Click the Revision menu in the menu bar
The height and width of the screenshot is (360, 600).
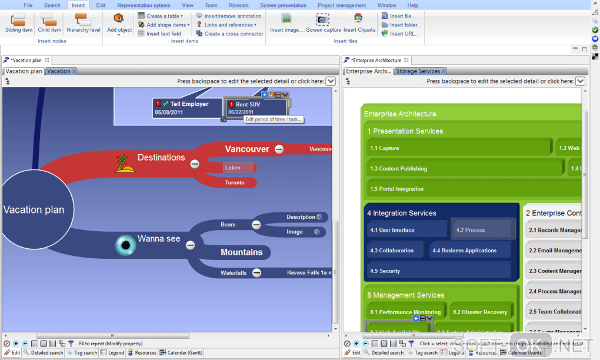239,5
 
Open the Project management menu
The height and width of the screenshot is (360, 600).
342,5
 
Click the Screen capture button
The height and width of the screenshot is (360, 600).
323,23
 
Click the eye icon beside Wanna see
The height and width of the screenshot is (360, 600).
125,245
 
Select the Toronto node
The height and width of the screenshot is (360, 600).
235,182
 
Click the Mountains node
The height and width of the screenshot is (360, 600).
241,252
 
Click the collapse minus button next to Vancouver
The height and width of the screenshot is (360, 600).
279,149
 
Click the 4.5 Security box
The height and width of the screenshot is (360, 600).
438,271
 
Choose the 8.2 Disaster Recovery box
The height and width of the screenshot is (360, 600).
479,312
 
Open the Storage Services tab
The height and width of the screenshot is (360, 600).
417,71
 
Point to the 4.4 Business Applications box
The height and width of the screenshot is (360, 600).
470,251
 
